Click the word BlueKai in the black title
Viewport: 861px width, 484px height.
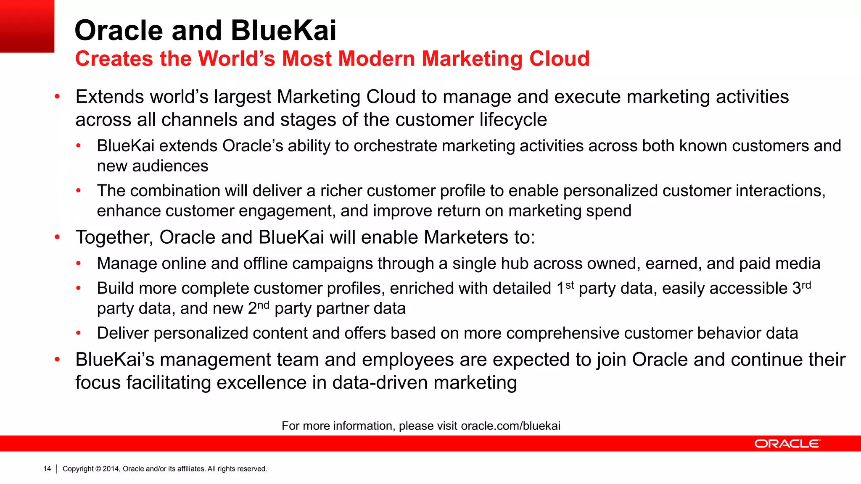pyautogui.click(x=283, y=30)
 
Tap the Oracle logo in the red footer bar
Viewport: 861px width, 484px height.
pyautogui.click(x=787, y=444)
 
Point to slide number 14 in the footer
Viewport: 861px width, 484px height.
pyautogui.click(x=47, y=468)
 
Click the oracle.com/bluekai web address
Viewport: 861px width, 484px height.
pyautogui.click(x=510, y=426)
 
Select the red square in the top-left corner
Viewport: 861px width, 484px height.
pyautogui.click(x=27, y=26)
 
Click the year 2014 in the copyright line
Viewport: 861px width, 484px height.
pyautogui.click(x=111, y=468)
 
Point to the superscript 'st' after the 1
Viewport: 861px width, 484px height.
pyautogui.click(x=570, y=285)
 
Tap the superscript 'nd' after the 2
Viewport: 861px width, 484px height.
pyautogui.click(x=263, y=305)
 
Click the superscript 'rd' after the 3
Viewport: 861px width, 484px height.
pyautogui.click(x=806, y=285)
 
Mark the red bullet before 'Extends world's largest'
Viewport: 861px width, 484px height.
pyautogui.click(x=58, y=97)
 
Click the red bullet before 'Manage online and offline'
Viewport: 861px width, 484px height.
pyautogui.click(x=78, y=264)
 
